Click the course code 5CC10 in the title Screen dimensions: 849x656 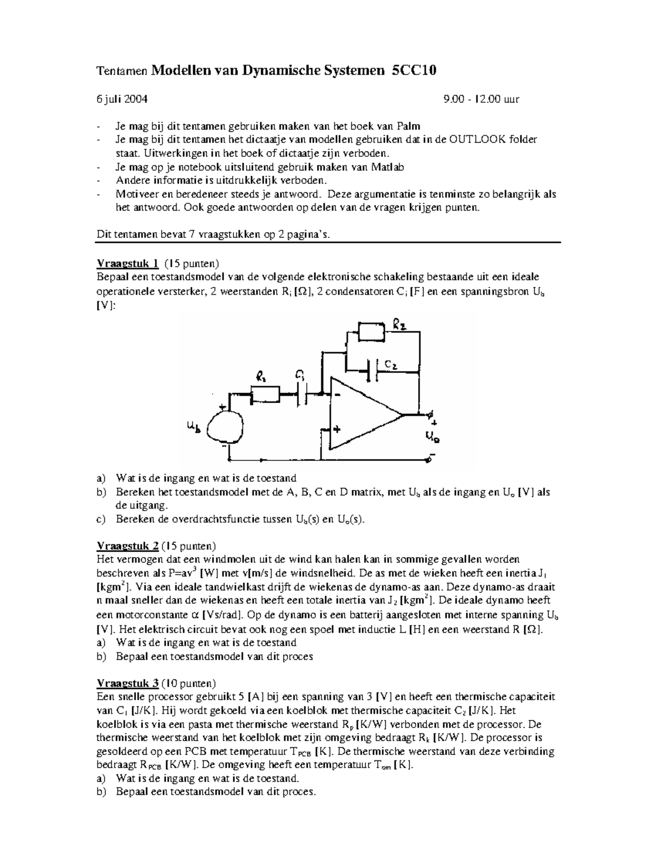click(x=414, y=71)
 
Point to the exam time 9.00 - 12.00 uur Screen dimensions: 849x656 click(x=482, y=99)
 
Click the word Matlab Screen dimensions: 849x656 click(x=388, y=167)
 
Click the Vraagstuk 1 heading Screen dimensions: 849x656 click(x=127, y=264)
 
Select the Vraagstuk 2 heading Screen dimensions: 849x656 click(x=127, y=546)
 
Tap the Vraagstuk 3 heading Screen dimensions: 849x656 click(x=127, y=683)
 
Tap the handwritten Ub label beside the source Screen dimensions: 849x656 click(x=194, y=425)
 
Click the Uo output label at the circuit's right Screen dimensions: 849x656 click(x=432, y=436)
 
